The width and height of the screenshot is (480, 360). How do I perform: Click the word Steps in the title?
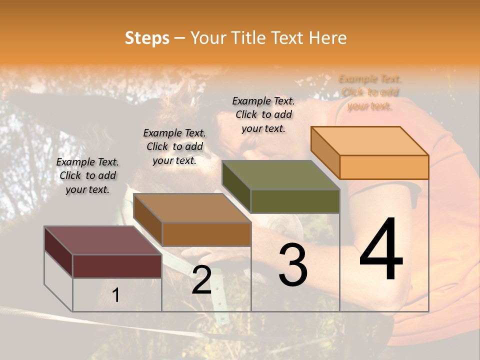point(147,38)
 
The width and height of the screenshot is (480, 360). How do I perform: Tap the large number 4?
point(381,249)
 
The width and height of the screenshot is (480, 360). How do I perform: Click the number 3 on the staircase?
point(293,265)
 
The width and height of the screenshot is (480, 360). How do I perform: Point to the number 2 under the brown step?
point(201,280)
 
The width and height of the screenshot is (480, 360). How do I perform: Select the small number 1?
point(116,295)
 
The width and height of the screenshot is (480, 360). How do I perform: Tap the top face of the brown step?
point(192,208)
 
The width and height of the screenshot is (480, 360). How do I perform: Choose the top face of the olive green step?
point(280,175)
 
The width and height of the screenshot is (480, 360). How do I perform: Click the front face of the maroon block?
point(117,266)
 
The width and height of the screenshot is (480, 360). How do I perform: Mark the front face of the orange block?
point(384,167)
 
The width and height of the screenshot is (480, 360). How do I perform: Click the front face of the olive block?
point(295,201)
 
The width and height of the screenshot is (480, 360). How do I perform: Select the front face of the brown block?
point(206,234)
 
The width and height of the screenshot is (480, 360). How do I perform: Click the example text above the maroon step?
point(88,175)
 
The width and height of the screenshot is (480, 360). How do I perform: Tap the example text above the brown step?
point(174,146)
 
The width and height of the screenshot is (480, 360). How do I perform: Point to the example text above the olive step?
point(263,114)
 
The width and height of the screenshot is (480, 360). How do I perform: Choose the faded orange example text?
point(370,92)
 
